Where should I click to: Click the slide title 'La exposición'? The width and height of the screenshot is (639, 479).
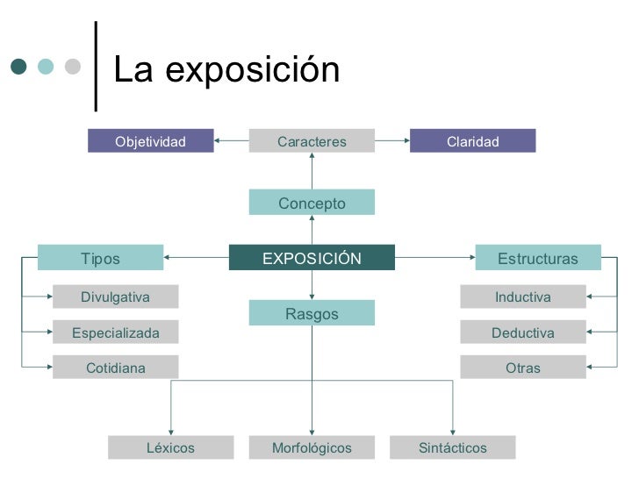(x=226, y=71)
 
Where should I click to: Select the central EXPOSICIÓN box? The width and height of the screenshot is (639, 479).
(x=312, y=258)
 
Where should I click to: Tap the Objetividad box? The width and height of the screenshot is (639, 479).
(x=150, y=141)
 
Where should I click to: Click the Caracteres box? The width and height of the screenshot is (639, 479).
(x=312, y=141)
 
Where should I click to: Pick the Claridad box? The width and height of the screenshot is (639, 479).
(x=472, y=141)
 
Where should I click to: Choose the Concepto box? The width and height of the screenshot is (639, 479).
(x=312, y=203)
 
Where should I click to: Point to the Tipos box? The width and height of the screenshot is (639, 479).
(x=100, y=258)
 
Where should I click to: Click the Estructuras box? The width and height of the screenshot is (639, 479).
(x=537, y=258)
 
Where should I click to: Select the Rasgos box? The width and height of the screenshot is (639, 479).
(x=312, y=313)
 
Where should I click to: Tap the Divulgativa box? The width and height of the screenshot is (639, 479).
(x=115, y=297)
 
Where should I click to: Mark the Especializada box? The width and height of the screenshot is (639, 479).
(x=115, y=332)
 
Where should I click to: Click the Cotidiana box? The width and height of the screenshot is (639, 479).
(x=115, y=368)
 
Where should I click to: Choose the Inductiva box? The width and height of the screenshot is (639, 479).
(x=522, y=297)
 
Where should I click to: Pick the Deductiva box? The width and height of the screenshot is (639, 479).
(x=522, y=332)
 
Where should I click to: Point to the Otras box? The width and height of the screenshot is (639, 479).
(x=522, y=368)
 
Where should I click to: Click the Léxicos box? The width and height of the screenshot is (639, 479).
(x=170, y=448)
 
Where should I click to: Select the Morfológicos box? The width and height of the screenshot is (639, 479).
(x=312, y=448)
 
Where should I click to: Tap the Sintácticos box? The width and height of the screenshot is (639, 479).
(x=452, y=448)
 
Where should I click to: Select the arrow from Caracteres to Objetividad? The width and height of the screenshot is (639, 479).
(x=231, y=140)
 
